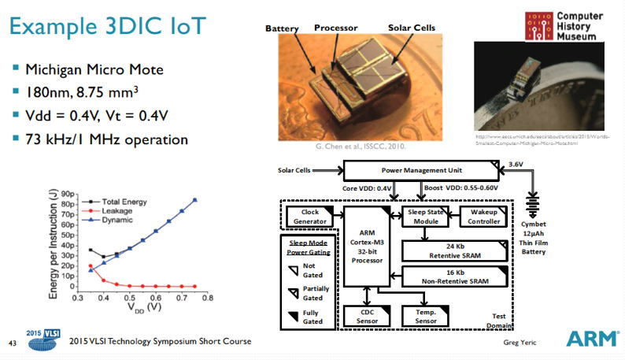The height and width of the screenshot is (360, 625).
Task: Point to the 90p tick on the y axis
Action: coord(69,193)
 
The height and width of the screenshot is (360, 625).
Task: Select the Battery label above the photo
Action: coord(282,28)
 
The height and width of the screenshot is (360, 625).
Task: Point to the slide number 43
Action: coord(12,342)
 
